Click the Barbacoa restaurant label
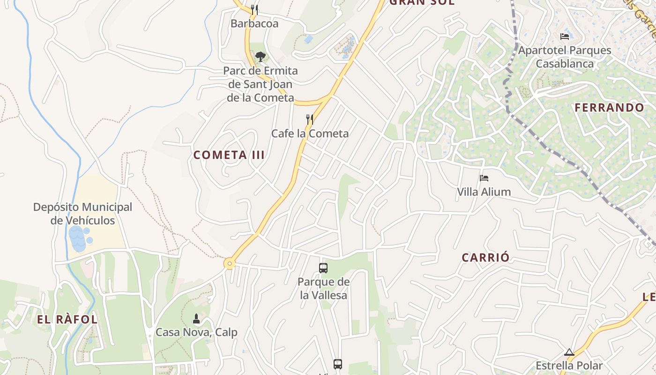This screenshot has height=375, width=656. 254,23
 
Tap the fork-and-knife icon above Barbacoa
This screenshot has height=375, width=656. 254,9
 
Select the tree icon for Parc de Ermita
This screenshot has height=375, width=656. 260,57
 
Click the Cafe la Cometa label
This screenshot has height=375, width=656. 310,134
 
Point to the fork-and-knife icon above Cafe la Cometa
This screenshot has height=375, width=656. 310,120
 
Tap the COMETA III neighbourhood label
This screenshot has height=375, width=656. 229,155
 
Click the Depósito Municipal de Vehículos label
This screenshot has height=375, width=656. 82,213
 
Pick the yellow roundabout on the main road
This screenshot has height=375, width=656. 229,264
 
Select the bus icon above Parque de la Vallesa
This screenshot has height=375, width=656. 323,268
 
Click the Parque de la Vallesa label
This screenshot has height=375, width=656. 323,289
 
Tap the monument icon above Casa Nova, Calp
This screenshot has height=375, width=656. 196,319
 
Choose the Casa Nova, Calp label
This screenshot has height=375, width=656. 196,332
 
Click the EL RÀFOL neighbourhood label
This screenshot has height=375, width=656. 67,320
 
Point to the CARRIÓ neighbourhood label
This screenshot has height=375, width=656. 485,258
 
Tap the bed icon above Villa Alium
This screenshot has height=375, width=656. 484,178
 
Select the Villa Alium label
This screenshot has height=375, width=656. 484,192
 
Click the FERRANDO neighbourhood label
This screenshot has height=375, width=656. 610,108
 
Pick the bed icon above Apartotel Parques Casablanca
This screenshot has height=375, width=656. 565,36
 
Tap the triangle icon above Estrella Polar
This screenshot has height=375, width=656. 569,352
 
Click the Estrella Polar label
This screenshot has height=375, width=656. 569,365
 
